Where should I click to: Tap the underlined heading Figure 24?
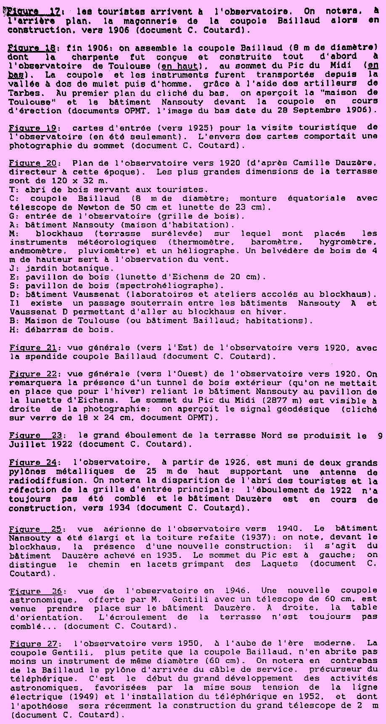[x=33, y=463]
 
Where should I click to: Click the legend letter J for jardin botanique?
[x=12, y=268]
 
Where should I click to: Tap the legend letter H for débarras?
[x=12, y=330]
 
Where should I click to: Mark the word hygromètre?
[x=347, y=242]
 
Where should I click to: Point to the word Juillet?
[x=28, y=444]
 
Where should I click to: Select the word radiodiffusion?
[x=46, y=481]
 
